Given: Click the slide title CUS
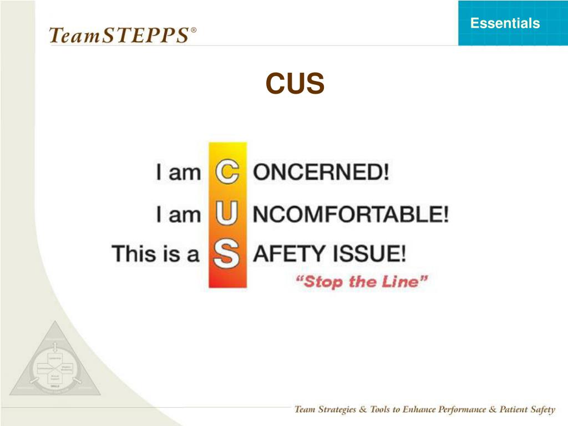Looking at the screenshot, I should tap(295, 84).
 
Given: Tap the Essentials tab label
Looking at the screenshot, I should tap(505, 23).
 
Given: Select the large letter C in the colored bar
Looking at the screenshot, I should tap(227, 172).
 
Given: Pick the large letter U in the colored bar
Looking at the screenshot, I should tap(227, 214).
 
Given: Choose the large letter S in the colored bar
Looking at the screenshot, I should tap(227, 255).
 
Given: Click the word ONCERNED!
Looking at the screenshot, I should tap(321, 172).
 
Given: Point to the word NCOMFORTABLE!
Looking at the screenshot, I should tap(351, 214).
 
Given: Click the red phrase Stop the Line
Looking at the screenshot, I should tap(362, 281).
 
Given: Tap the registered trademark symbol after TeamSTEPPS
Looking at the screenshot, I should tap(193, 31).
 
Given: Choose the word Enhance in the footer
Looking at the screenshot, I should tap(403, 410).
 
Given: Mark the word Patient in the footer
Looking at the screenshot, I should tap(504, 410).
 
